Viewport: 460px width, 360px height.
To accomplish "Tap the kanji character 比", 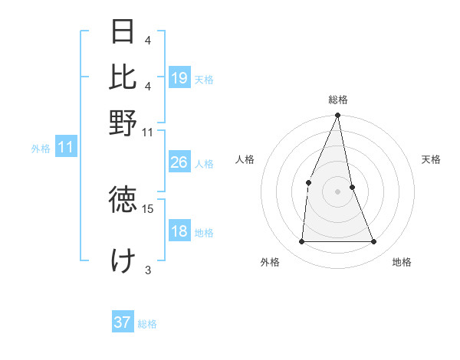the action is pos(123,77).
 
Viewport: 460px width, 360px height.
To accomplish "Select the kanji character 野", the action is pos(123,123).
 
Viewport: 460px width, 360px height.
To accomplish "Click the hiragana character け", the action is pos(123,260).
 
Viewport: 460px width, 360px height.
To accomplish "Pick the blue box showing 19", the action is pos(179,78).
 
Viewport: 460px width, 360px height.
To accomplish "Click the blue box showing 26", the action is pos(179,162).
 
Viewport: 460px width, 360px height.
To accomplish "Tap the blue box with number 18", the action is pos(179,231).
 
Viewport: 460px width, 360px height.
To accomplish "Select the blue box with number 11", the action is pos(66,147).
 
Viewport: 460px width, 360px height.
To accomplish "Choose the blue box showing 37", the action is pos(123,322).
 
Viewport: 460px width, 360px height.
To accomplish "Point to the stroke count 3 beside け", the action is pos(148,270).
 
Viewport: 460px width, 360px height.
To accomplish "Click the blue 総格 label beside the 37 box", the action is pos(147,324).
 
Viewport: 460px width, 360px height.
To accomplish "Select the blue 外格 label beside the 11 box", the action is pos(41,149).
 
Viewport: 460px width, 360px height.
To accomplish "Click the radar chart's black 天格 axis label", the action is pos(432,159).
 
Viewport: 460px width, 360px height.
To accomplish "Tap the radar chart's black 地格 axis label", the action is pos(402,263).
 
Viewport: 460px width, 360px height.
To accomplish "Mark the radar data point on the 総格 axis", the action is pos(338,116).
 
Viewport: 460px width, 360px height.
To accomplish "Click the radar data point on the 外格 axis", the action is pos(301,242).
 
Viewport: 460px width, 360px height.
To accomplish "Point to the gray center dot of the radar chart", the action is pos(338,191).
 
